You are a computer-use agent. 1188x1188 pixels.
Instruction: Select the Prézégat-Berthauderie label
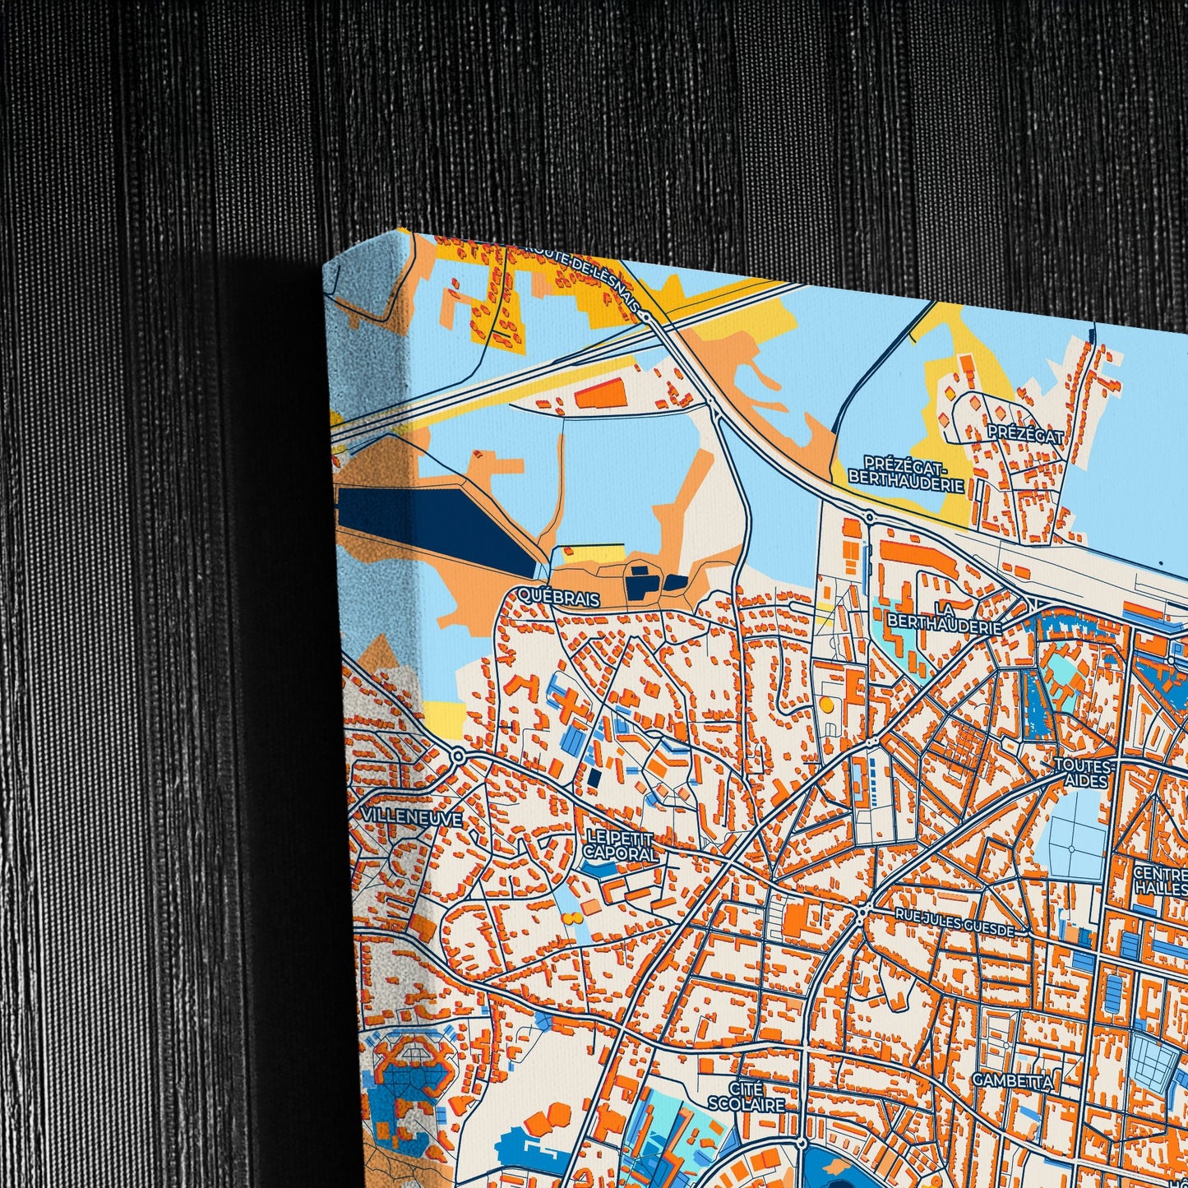coord(906,473)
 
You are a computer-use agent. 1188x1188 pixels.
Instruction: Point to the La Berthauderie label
coord(945,618)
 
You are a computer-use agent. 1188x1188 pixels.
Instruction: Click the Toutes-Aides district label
coord(1084,772)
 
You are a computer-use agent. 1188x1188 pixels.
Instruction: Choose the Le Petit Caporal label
coord(621,846)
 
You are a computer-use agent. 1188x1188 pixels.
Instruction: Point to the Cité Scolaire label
coord(747,1097)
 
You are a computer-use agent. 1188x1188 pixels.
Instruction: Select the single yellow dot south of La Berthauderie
coord(825,705)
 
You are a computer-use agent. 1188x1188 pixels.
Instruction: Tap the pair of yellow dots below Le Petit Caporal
coord(572,917)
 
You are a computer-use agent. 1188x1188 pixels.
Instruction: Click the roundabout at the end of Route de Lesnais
coord(647,315)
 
